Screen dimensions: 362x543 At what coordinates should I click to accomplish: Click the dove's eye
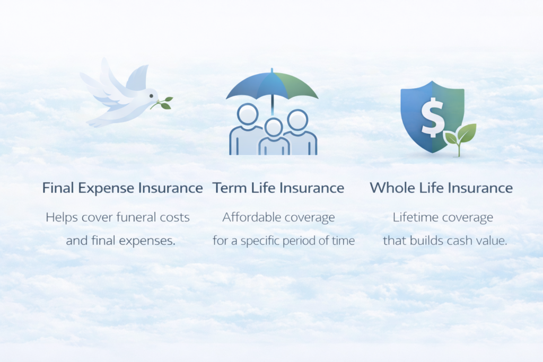point(151,96)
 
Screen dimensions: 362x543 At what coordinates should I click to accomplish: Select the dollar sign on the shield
point(433,117)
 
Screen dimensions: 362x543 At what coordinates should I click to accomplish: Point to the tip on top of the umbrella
point(272,70)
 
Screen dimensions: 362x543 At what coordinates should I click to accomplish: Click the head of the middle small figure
point(274,127)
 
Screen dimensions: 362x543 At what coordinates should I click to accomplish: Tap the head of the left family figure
point(248,114)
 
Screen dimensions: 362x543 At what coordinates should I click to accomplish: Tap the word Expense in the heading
point(105,188)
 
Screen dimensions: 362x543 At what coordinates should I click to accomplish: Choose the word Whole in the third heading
point(391,188)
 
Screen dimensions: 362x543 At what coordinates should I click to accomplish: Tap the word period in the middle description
point(300,241)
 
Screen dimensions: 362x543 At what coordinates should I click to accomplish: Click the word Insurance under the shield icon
point(484,188)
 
